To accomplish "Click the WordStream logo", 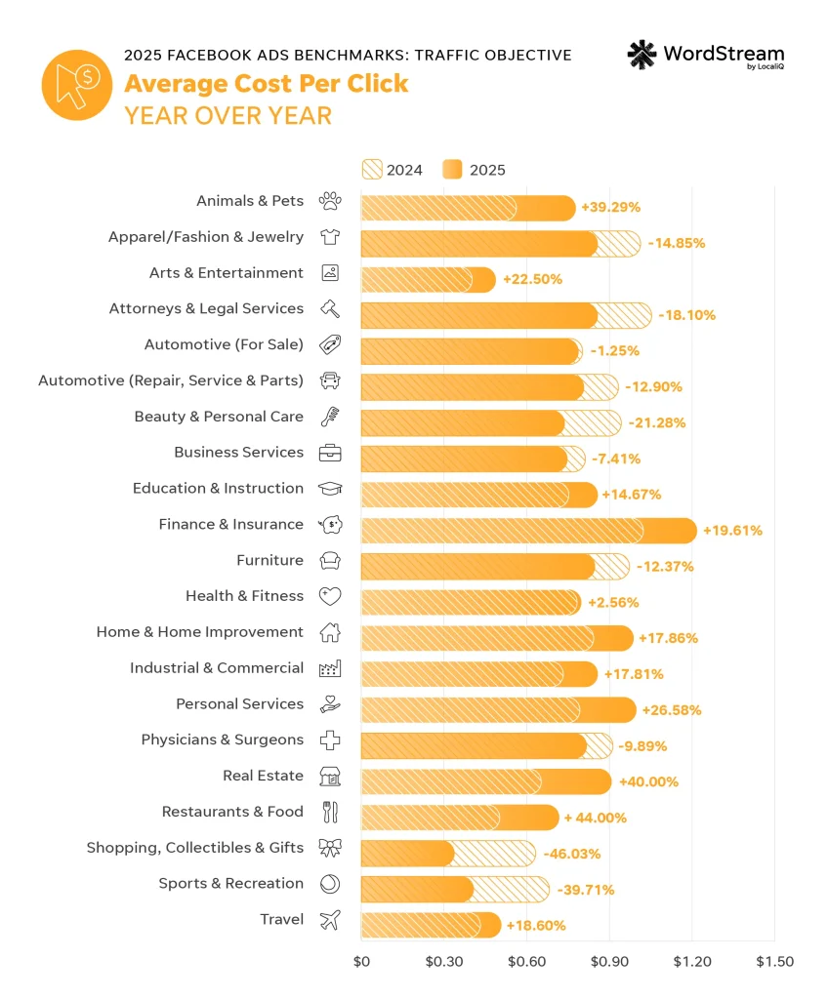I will coord(705,56).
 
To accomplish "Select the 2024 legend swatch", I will coord(371,170).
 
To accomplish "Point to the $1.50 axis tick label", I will coord(774,961).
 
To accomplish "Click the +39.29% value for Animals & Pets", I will coord(610,208).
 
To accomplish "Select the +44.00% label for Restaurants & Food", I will coord(595,818).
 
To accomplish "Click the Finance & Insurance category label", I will coord(230,524).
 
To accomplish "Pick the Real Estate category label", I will coord(263,776).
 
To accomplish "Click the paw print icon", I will coord(330,201).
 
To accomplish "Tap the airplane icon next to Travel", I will coord(330,919).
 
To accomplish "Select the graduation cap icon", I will coord(330,488).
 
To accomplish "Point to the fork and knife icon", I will coord(330,812).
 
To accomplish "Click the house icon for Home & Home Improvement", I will coord(330,632).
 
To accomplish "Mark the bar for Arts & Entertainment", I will coord(428,279).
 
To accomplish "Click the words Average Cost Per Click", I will coord(266,84).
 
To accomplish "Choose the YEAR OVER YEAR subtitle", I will coord(228,115).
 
